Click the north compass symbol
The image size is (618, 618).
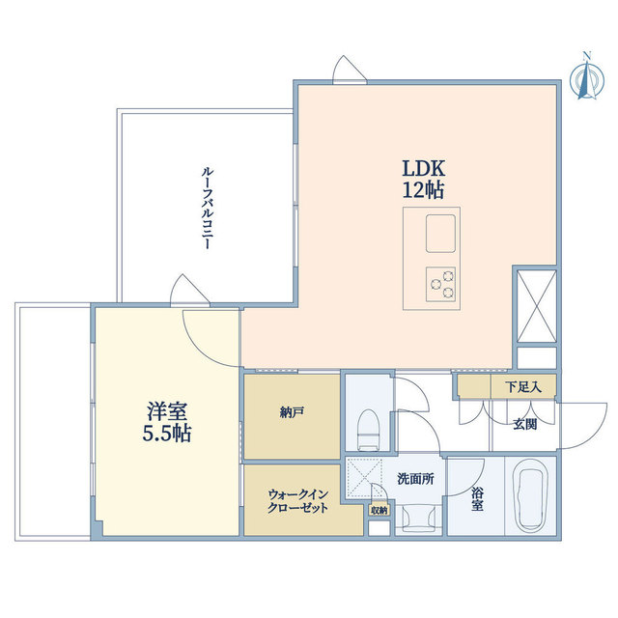click(x=583, y=78)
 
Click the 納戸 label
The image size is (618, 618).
click(x=292, y=412)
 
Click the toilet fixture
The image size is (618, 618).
click(x=367, y=427)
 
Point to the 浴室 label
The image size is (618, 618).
click(x=477, y=499)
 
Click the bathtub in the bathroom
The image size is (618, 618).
click(x=533, y=496)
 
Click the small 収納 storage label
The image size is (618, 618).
click(x=379, y=511)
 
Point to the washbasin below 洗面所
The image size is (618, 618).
click(x=415, y=519)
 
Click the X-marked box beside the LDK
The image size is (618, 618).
click(x=534, y=304)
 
